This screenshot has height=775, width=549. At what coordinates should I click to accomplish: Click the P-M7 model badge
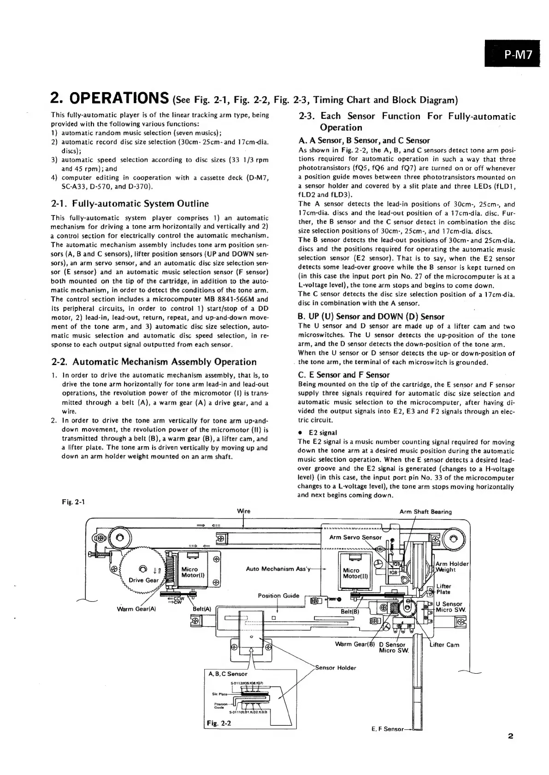518,55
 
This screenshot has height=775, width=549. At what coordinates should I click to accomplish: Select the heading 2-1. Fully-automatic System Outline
130,204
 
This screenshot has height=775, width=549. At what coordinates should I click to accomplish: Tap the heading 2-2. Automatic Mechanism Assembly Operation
154,362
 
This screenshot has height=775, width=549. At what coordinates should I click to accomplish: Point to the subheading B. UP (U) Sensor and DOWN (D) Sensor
371,316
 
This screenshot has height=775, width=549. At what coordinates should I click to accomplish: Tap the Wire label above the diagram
244,511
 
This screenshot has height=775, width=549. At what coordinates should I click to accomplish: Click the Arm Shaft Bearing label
425,512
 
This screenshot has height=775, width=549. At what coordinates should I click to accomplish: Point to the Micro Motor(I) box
189,572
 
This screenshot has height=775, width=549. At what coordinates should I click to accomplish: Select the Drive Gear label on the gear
144,580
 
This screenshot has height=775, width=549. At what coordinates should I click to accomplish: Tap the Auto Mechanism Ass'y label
278,569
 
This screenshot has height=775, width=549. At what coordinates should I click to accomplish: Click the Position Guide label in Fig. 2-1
278,595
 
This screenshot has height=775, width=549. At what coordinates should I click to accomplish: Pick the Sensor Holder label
335,668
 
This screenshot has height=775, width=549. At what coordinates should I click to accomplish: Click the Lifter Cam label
444,645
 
